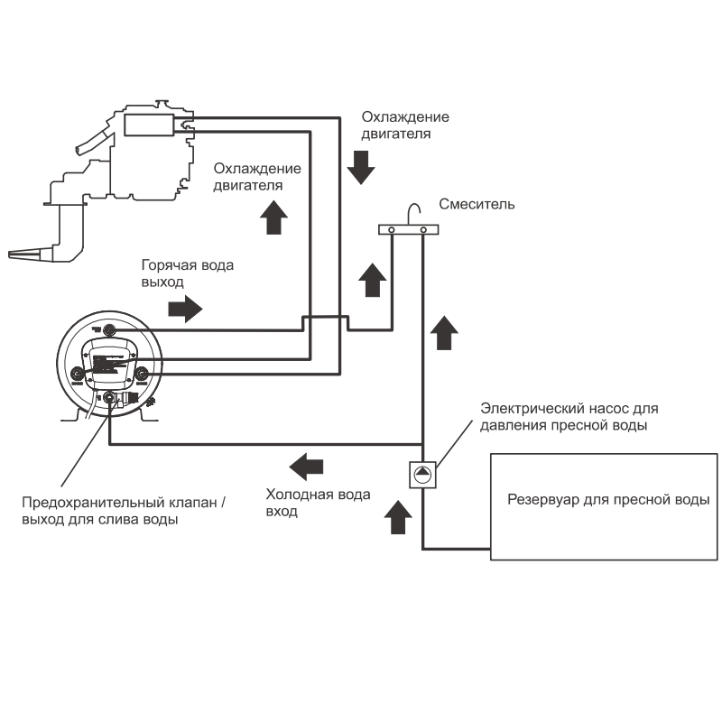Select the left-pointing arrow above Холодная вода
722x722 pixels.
click(x=306, y=467)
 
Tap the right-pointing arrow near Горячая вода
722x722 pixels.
click(x=186, y=309)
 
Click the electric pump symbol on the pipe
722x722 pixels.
click(x=422, y=473)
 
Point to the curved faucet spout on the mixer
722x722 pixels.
click(x=412, y=213)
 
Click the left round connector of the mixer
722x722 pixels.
click(x=392, y=231)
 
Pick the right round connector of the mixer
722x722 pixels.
click(x=422, y=231)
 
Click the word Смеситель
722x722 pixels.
click(x=477, y=204)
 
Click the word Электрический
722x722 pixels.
click(x=532, y=409)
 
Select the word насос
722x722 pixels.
click(x=606, y=409)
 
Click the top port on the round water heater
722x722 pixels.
click(x=109, y=329)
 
